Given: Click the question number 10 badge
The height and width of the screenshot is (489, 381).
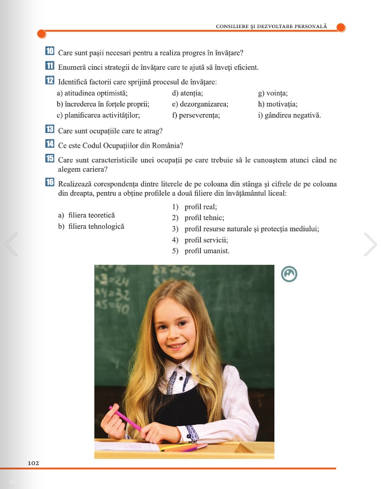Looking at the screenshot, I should coord(50,51).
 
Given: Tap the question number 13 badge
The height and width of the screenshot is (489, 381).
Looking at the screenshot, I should coord(50,130).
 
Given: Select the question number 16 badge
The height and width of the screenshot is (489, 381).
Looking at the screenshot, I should coord(50,183).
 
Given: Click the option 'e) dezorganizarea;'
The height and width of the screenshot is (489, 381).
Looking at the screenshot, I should coord(200,104).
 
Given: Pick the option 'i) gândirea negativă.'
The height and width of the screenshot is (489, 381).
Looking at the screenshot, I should coord(290,115).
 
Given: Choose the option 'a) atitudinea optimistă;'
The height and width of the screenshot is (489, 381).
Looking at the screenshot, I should coord(92,93).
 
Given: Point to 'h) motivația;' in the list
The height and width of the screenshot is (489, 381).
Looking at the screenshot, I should coord(278,104).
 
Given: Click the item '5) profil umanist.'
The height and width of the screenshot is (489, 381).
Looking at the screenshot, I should coord(200,250).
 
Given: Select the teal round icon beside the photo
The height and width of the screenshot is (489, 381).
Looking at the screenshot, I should coord(289,275).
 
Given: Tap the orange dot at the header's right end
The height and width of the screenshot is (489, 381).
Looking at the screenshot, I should coord(341,27).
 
